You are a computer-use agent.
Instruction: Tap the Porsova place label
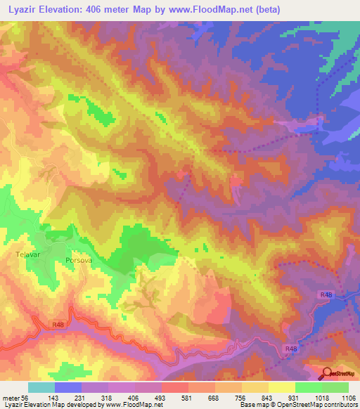79,261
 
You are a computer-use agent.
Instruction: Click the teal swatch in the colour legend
41,387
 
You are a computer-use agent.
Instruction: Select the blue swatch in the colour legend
67,387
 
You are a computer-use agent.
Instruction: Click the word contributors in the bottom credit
339,405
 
